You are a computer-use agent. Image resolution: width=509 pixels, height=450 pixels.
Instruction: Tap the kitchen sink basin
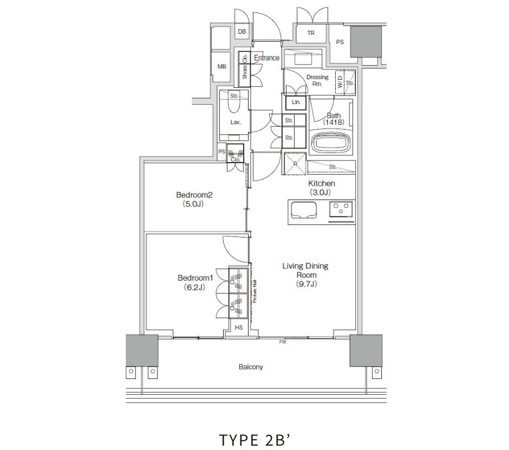(x=304, y=210)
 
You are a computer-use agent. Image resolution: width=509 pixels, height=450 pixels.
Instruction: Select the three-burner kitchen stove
(x=341, y=209)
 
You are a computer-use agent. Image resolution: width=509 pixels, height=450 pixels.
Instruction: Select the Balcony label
(x=251, y=367)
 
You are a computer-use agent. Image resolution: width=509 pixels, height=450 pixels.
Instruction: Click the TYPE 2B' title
(x=255, y=440)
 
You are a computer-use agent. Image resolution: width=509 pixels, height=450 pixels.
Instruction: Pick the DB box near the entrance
(x=242, y=31)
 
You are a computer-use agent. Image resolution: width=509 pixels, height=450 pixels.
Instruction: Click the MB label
(x=221, y=67)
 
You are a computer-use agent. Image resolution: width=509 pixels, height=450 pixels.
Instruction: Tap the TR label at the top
(x=311, y=33)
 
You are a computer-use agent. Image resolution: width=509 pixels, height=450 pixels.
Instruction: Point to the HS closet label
(x=239, y=327)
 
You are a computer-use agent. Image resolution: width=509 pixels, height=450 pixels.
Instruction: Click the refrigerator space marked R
(x=295, y=164)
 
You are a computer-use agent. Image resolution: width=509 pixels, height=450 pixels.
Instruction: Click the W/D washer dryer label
(x=340, y=82)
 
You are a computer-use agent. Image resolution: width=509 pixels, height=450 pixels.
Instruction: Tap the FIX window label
(x=283, y=342)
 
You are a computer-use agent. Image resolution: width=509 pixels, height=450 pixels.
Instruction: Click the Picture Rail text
(x=255, y=291)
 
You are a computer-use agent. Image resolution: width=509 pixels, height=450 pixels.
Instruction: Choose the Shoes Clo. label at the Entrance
(x=245, y=67)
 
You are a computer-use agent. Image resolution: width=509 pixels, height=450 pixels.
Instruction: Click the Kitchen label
(x=321, y=183)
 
